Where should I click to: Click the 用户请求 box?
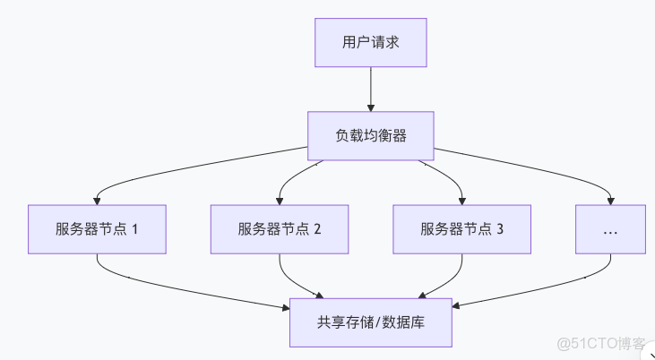click(370, 42)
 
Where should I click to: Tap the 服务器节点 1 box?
click(98, 228)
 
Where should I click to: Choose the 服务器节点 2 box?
click(280, 228)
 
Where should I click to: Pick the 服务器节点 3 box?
click(462, 228)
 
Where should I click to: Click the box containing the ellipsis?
click(611, 228)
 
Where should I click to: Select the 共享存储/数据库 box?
click(370, 322)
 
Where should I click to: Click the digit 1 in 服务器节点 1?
click(135, 228)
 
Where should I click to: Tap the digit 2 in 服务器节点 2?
click(317, 228)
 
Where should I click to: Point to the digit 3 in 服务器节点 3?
click(500, 228)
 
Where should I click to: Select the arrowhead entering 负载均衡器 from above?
click(370, 107)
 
